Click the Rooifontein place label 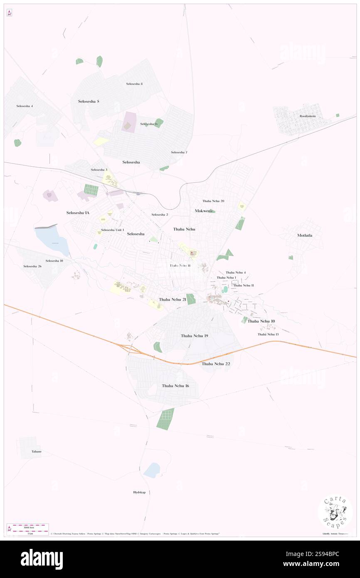[x=308, y=116]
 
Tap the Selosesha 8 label [x=134, y=84]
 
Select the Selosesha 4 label [x=25, y=106]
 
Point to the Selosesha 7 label [x=179, y=152]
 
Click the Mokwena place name [x=204, y=211]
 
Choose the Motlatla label [x=305, y=235]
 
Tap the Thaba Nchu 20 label [x=213, y=201]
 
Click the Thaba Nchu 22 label [x=216, y=364]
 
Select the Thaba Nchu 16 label [x=175, y=386]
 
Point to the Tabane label [x=37, y=452]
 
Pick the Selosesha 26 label [x=32, y=266]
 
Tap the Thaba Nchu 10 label [x=261, y=321]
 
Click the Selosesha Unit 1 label [x=112, y=230]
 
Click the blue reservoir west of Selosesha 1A [x=53, y=240]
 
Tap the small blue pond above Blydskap [x=152, y=470]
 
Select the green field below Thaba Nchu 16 [x=165, y=419]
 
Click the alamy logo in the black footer [x=42, y=559]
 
